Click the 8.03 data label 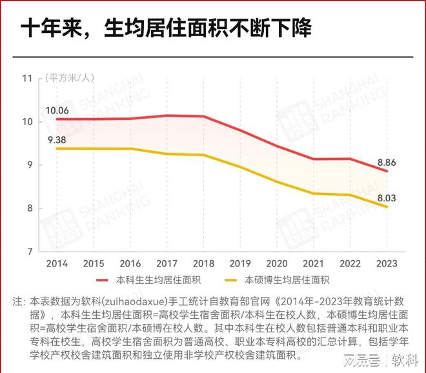pyautogui.click(x=387, y=196)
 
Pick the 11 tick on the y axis pyautogui.click(x=27, y=78)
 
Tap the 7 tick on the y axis pyautogui.click(x=30, y=251)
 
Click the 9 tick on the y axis pyautogui.click(x=30, y=165)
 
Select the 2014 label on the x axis pyautogui.click(x=57, y=263)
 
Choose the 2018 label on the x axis pyautogui.click(x=203, y=263)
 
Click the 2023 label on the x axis pyautogui.click(x=387, y=263)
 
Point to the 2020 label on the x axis pyautogui.click(x=277, y=263)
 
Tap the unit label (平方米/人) pyautogui.click(x=69, y=78)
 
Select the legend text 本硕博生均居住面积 pyautogui.click(x=287, y=280)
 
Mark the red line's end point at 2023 pyautogui.click(x=387, y=171)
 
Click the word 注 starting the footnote pyautogui.click(x=17, y=301)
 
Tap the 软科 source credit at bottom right pyautogui.click(x=404, y=358)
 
